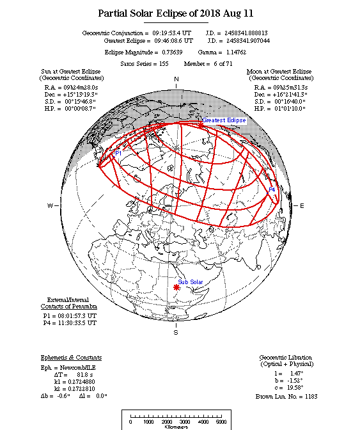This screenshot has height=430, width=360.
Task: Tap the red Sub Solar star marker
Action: [176, 288]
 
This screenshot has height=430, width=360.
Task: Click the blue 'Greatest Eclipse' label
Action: [224, 120]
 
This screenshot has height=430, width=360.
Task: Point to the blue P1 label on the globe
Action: [118, 154]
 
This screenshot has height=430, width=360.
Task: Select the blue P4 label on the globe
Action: [272, 190]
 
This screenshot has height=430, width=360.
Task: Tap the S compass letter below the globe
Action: [176, 333]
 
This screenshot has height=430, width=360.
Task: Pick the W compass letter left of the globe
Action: [49, 205]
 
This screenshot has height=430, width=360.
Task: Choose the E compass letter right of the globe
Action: [302, 205]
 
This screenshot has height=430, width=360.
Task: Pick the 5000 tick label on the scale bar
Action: [221, 422]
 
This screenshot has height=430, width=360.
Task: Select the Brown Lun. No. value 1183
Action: [308, 396]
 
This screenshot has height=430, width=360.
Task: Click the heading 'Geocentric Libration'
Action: [286, 357]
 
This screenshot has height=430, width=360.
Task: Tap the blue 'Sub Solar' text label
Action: [191, 282]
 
